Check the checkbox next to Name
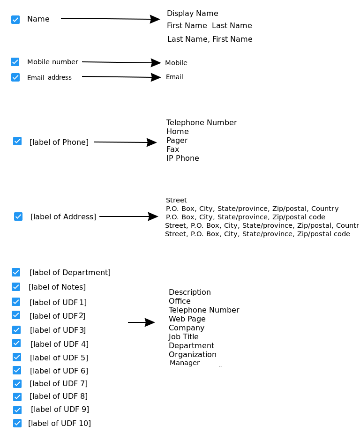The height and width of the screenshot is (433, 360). tap(15, 20)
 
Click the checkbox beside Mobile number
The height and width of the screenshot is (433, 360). tap(15, 62)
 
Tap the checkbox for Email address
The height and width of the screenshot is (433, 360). tap(15, 77)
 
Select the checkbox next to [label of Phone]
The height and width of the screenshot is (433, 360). tap(17, 141)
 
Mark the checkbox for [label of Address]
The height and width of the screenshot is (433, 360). tap(18, 216)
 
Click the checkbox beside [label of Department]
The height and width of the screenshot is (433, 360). tap(16, 272)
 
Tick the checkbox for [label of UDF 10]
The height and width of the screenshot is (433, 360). tap(17, 423)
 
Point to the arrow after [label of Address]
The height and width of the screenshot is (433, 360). tap(128, 216)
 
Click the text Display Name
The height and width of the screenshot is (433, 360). tap(192, 13)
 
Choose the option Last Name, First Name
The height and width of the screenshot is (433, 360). tap(210, 39)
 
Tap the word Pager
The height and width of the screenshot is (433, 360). tap(177, 140)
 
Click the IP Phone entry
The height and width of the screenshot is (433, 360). tap(182, 158)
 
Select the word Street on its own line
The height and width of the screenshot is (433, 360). tap(176, 200)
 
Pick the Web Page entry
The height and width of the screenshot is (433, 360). tap(187, 319)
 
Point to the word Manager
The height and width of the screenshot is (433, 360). tap(184, 363)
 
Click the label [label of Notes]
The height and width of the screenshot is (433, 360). tap(57, 287)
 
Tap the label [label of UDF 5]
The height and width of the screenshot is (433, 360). tap(59, 358)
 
